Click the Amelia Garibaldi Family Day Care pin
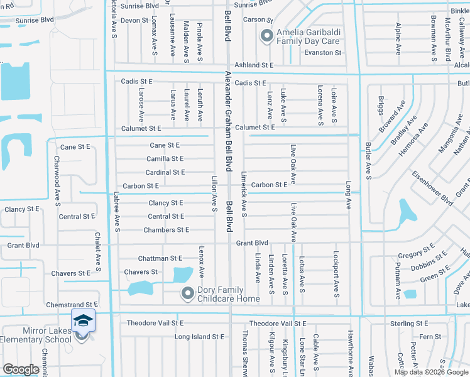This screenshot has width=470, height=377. [266, 37]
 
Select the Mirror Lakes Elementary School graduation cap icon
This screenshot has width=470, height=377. [83, 321]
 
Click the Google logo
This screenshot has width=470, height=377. [21, 369]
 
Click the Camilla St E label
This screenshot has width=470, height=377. [165, 159]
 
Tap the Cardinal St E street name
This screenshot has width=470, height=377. [165, 172]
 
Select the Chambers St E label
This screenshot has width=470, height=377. [166, 230]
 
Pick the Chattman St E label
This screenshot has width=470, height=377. [160, 258]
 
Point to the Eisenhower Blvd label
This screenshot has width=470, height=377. [432, 188]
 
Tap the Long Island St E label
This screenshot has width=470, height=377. [199, 337]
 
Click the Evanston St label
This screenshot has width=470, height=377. [322, 53]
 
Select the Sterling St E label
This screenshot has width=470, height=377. [408, 323]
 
